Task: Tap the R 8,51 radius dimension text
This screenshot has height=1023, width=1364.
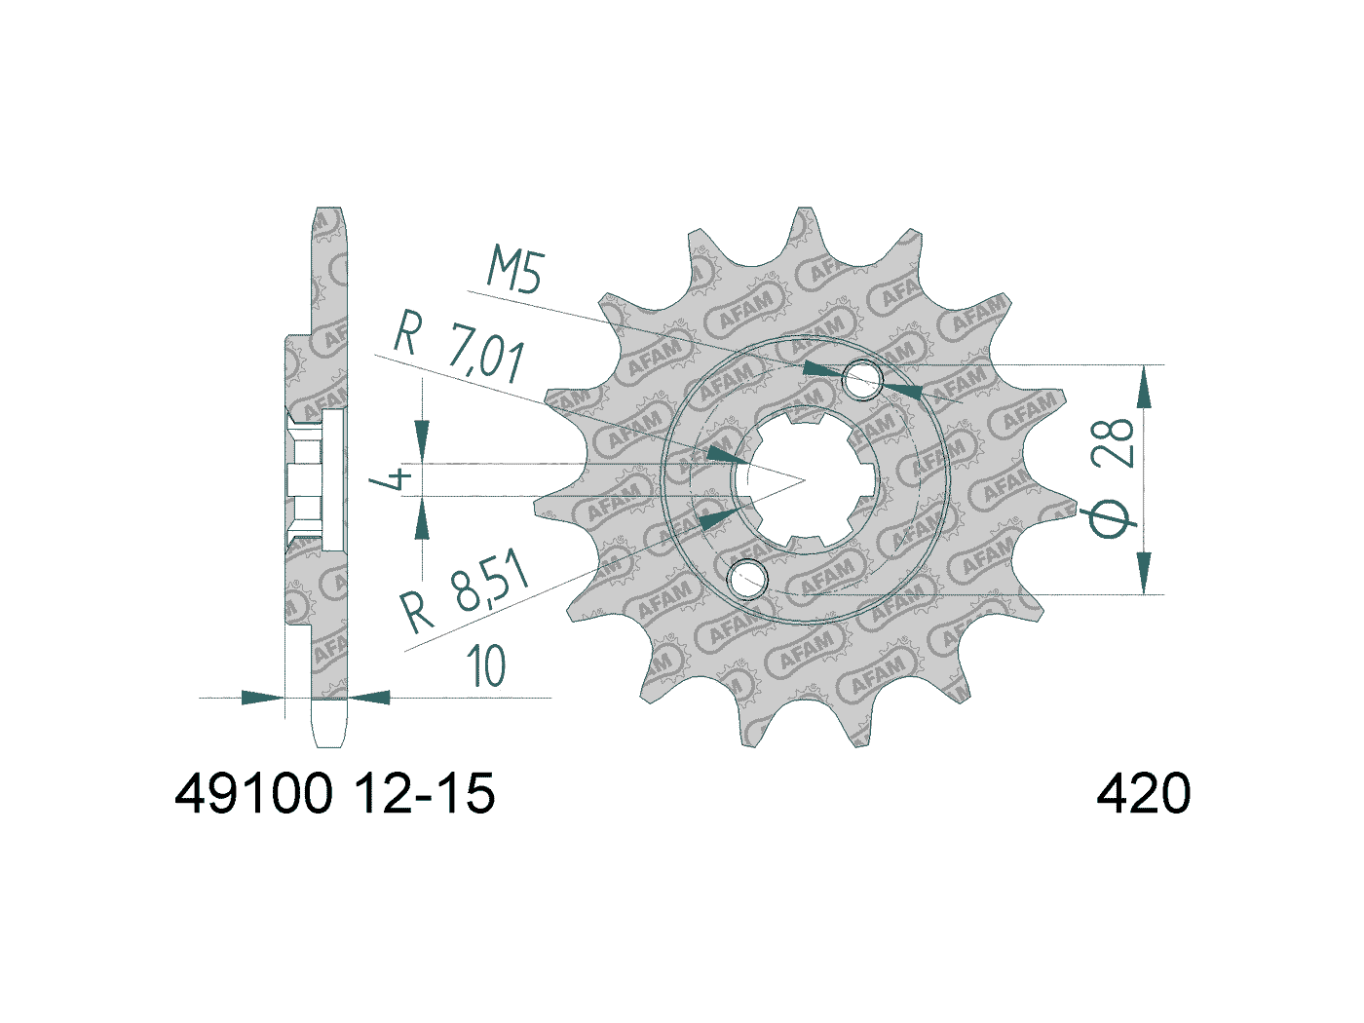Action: pyautogui.click(x=466, y=593)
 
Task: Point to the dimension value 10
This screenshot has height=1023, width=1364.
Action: pyautogui.click(x=486, y=667)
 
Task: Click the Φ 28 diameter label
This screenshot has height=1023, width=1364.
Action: pyautogui.click(x=1113, y=477)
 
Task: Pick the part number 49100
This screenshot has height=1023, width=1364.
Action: pyautogui.click(x=253, y=794)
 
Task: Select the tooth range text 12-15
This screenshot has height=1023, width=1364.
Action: pyautogui.click(x=424, y=794)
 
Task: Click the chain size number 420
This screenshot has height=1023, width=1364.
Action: pyautogui.click(x=1143, y=794)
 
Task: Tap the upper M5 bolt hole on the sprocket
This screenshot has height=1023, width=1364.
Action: pyautogui.click(x=861, y=379)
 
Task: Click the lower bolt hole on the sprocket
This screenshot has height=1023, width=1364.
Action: pyautogui.click(x=748, y=578)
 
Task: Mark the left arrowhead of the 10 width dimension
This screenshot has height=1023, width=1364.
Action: pyautogui.click(x=261, y=698)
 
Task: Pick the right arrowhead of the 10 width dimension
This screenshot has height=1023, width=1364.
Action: pyautogui.click(x=370, y=698)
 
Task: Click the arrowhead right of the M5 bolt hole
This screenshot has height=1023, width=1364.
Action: pyautogui.click(x=903, y=390)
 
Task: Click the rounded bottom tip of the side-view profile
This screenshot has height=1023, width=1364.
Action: pyautogui.click(x=329, y=741)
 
